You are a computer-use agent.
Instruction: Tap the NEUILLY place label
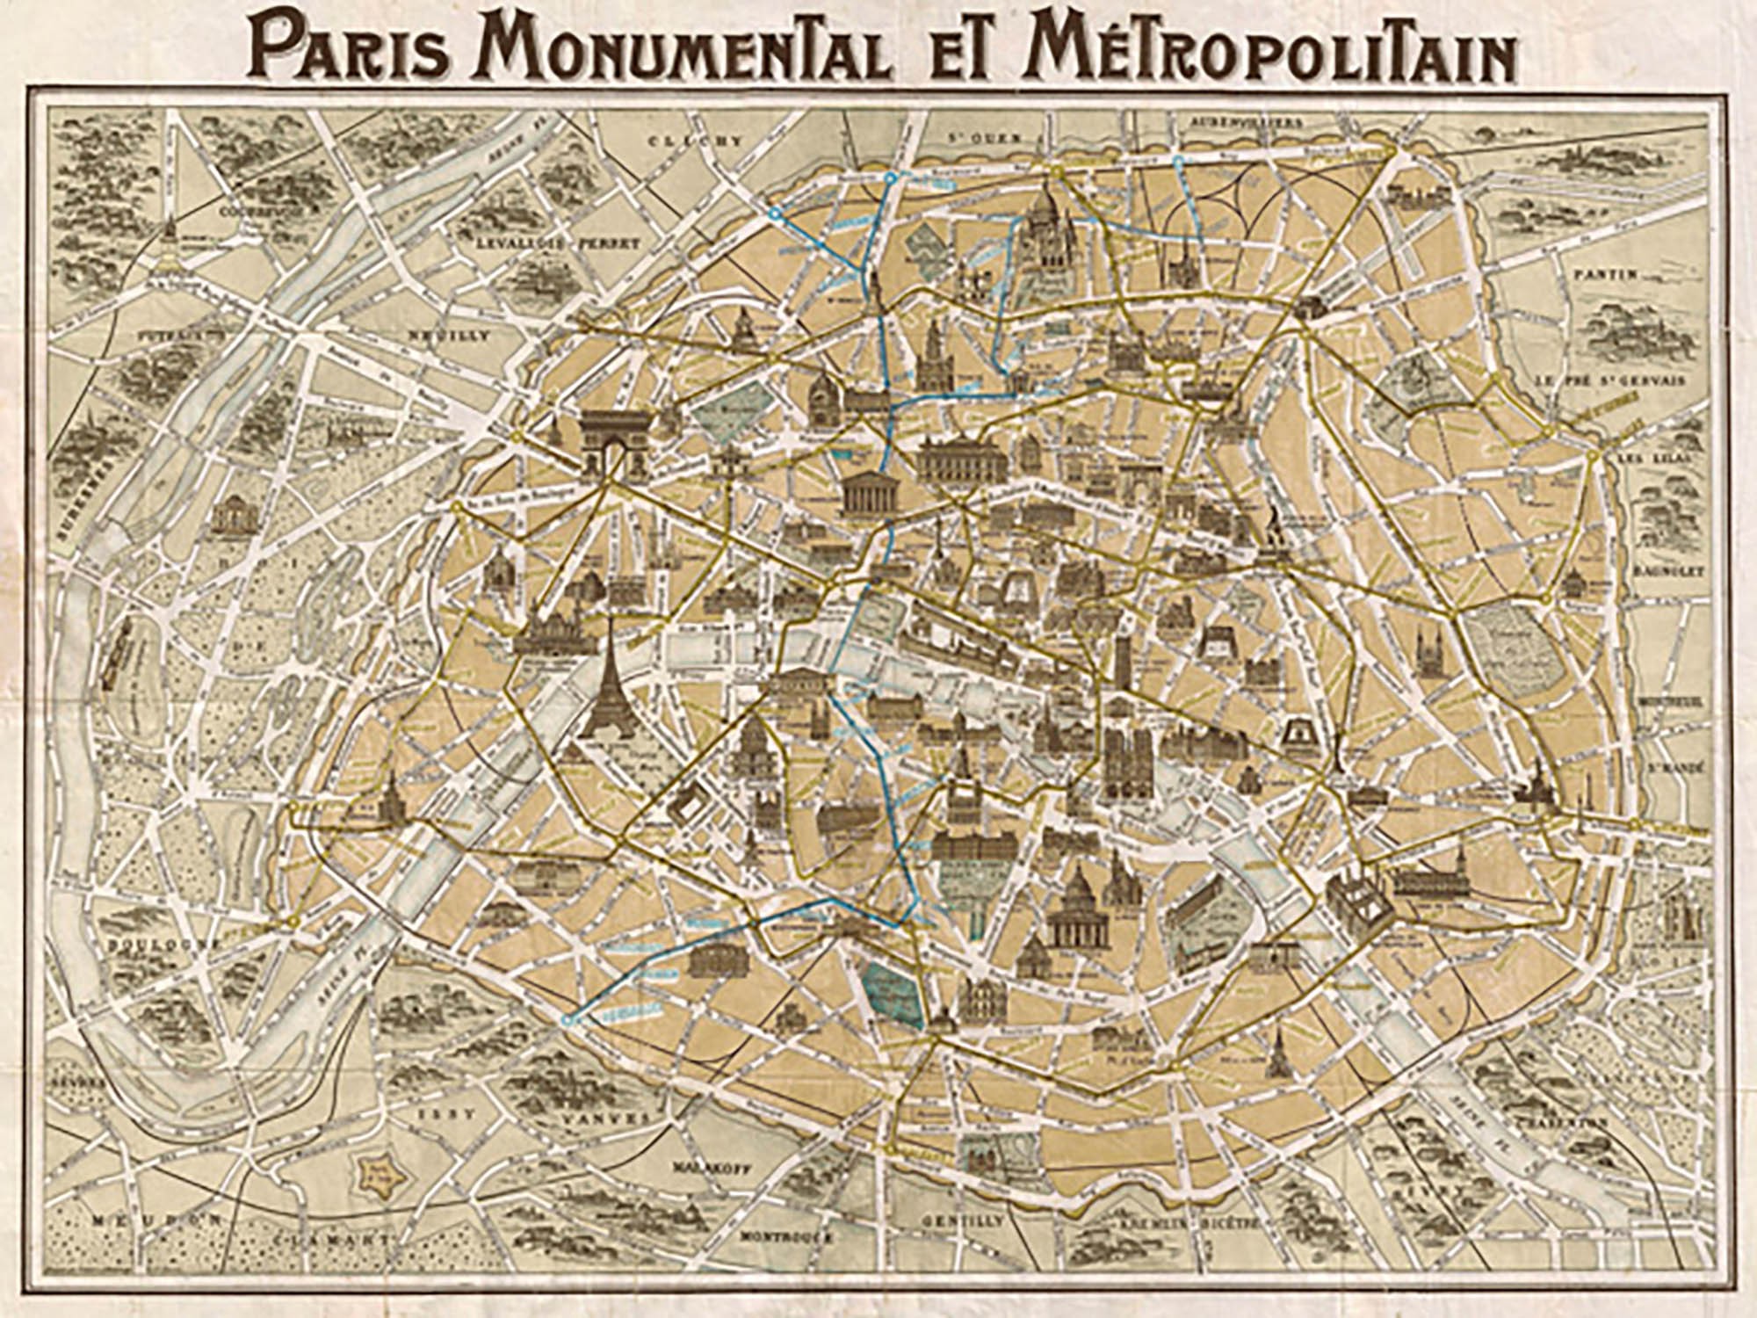(448, 336)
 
